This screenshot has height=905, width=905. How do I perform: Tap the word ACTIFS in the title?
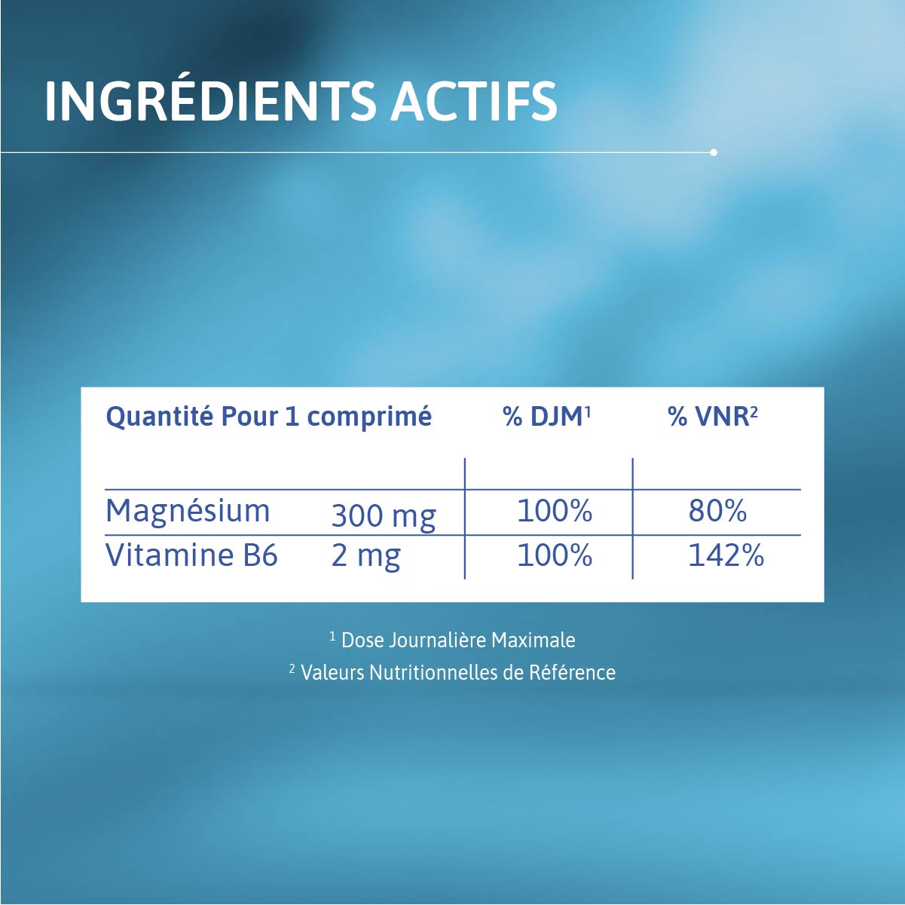coord(474,101)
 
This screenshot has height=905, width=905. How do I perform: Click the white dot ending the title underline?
coord(714,152)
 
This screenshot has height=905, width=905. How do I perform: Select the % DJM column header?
coord(546,416)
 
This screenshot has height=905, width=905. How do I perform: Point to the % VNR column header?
coord(712,416)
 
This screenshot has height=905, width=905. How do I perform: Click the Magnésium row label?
coord(188,511)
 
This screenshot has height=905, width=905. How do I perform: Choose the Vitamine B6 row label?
coord(191,555)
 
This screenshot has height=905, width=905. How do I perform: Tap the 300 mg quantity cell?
coord(384,516)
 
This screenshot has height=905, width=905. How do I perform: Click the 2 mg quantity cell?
coord(366,556)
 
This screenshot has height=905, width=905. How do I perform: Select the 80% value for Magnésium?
coord(717,511)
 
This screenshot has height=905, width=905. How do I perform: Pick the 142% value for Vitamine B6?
coord(726,556)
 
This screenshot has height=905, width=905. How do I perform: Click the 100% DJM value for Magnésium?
coord(555,511)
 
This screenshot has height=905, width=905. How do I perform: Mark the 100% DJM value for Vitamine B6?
coord(555,556)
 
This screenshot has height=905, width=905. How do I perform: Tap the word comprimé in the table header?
coord(369,417)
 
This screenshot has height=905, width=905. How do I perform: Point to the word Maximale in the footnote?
coord(533,641)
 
